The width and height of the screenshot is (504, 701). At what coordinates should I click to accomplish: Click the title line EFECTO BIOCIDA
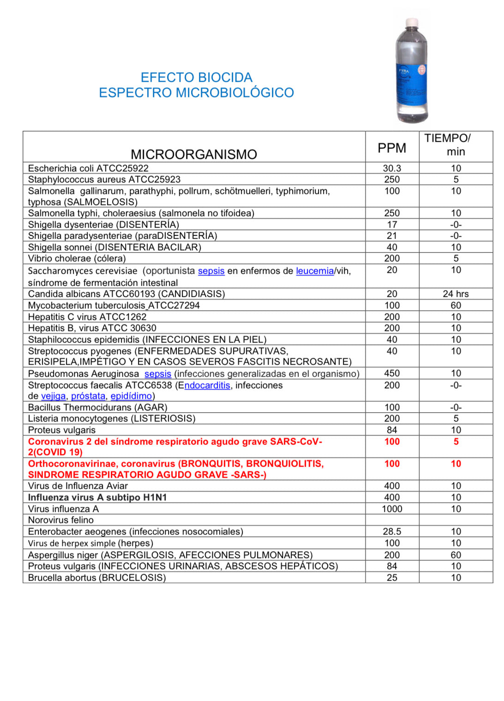click(x=196, y=77)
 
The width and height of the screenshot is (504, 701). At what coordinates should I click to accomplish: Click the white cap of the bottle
click(x=412, y=22)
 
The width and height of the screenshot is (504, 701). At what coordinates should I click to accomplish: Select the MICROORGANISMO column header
click(x=194, y=154)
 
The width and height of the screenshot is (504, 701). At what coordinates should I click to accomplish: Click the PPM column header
click(x=392, y=148)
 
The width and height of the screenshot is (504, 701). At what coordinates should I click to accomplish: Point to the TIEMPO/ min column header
click(x=456, y=145)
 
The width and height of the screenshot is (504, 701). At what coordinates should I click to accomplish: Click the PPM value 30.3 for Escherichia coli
click(x=392, y=168)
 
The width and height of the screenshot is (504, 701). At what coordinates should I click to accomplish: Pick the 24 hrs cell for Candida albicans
click(x=456, y=294)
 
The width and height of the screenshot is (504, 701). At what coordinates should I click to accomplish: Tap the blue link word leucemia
click(x=315, y=271)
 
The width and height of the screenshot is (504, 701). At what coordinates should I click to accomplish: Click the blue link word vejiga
click(x=54, y=396)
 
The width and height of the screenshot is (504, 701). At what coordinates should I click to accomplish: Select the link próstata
click(x=88, y=396)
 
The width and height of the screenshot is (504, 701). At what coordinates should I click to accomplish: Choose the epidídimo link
click(x=131, y=396)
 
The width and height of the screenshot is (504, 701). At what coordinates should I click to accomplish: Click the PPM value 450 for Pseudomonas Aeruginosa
click(x=392, y=373)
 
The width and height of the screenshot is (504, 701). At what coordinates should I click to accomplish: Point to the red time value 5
click(x=456, y=442)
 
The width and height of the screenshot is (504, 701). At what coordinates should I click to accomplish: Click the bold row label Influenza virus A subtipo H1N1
click(x=97, y=497)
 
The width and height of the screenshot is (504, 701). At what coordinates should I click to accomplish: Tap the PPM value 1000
click(x=392, y=509)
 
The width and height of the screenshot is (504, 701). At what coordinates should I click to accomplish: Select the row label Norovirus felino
click(x=61, y=520)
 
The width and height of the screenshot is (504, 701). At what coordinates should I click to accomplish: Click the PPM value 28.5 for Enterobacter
click(x=392, y=532)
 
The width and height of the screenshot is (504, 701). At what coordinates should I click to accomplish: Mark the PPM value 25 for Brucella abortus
click(x=392, y=578)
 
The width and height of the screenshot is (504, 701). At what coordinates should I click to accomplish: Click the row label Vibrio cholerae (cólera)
click(x=77, y=258)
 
